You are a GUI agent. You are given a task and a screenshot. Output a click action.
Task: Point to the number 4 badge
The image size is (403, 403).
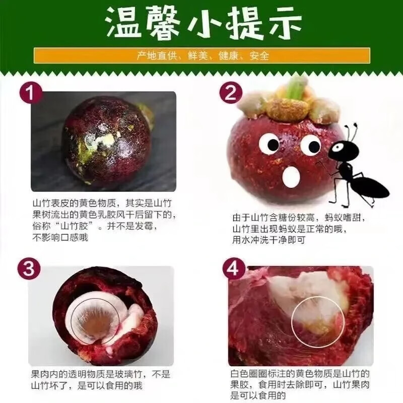coord(232,270)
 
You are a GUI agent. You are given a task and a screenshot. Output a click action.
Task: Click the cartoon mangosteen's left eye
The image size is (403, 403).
coord(269,144)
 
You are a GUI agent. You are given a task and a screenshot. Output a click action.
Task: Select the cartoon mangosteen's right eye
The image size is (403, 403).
coord(310,145)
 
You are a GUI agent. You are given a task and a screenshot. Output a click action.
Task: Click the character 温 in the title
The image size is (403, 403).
coord(127,23)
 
